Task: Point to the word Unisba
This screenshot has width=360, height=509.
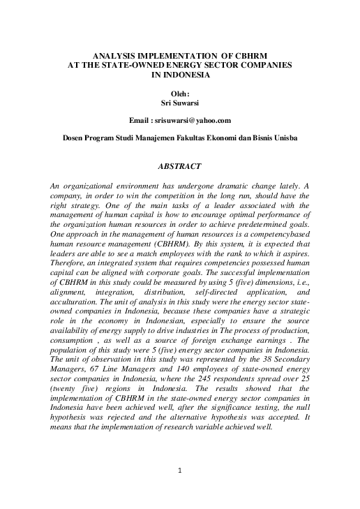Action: [283, 138]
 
